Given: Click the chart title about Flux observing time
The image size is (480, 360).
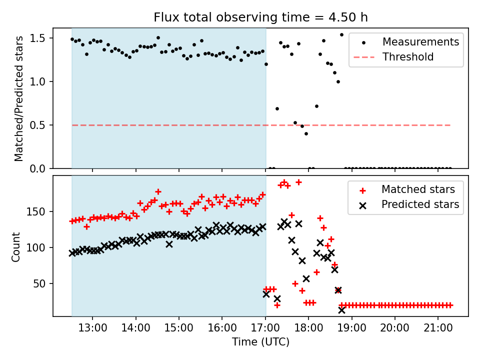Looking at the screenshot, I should click(260, 17).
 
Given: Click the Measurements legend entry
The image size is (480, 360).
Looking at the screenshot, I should click(420, 41).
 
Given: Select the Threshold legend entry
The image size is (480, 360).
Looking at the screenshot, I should click(408, 57).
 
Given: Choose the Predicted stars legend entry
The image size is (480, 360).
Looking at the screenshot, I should click(420, 204).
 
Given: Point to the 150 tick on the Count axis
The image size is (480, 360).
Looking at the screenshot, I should click(39, 211).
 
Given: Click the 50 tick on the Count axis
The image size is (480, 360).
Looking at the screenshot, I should click(41, 283).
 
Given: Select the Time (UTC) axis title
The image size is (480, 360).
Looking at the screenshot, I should click(260, 342).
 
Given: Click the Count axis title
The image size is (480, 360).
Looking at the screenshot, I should click(16, 246).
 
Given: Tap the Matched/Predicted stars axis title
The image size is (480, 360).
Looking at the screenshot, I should click(19, 98).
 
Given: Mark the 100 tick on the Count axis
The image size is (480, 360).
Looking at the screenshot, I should click(39, 247).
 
